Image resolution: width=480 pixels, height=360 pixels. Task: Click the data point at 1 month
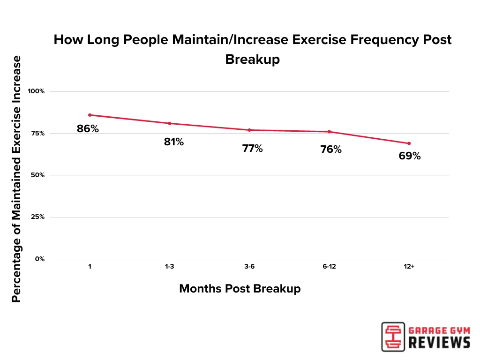[x=90, y=115]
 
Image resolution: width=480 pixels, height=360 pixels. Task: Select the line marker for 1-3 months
[x=169, y=123]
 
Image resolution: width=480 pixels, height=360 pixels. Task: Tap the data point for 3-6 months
[x=249, y=130]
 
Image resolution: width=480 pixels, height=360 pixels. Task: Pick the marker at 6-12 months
[x=329, y=132]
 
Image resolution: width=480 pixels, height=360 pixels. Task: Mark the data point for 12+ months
[x=409, y=143]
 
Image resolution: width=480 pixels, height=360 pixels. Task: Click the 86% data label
[x=88, y=128]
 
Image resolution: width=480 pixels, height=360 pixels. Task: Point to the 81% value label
[x=174, y=142]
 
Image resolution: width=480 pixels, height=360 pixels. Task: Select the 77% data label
[x=253, y=149]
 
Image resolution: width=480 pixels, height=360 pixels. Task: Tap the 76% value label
[x=331, y=150]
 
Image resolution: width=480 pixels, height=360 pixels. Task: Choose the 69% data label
[x=410, y=156]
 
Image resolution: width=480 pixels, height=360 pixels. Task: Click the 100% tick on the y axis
[x=36, y=91]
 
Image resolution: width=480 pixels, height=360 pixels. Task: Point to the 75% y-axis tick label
[x=37, y=134]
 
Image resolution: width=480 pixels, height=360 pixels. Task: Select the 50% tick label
[x=37, y=175]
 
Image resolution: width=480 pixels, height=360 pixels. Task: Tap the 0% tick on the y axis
[x=40, y=259]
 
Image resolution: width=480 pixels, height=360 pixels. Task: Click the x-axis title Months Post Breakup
[x=240, y=289]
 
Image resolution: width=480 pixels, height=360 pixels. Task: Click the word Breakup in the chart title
[x=252, y=60]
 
